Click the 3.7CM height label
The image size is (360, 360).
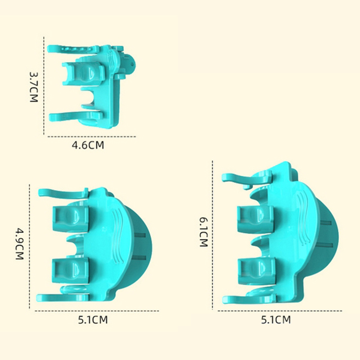pyautogui.click(x=33, y=87)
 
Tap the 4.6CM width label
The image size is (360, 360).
pyautogui.click(x=88, y=145)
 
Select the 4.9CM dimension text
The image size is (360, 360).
pyautogui.click(x=19, y=243)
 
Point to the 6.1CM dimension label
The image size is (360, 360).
pyautogui.click(x=203, y=232)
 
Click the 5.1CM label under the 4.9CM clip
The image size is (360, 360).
pyautogui.click(x=93, y=320)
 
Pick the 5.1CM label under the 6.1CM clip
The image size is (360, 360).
pyautogui.click(x=276, y=320)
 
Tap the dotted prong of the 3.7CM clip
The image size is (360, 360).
pyautogui.click(x=73, y=49)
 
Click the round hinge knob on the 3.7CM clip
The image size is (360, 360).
pyautogui.click(x=131, y=64)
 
